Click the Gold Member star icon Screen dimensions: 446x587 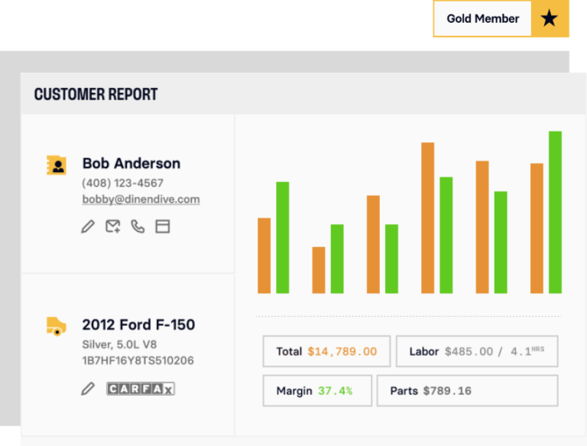pos(550,19)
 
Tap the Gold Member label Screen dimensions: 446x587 pos(482,19)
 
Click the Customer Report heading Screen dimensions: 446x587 pos(96,95)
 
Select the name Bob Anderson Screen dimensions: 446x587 pos(131,163)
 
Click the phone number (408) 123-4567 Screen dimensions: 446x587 pos(122,183)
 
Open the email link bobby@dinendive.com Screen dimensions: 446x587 pos(141,200)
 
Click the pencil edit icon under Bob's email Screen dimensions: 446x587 pos(88,226)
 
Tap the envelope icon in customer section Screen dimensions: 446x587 pos(113,226)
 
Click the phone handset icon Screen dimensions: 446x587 pos(138,226)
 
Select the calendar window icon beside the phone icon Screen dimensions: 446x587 pos(162,226)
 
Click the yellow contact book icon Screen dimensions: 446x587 pos(56,164)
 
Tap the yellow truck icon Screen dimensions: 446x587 pos(56,326)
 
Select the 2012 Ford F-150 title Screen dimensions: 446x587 pos(138,325)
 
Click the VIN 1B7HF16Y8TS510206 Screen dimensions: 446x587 pos(138,360)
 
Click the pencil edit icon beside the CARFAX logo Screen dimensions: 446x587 pos(88,389)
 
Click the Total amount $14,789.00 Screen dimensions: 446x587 pos(342,352)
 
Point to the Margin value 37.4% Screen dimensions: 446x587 pos(335,391)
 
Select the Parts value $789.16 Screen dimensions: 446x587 pos(447,391)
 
